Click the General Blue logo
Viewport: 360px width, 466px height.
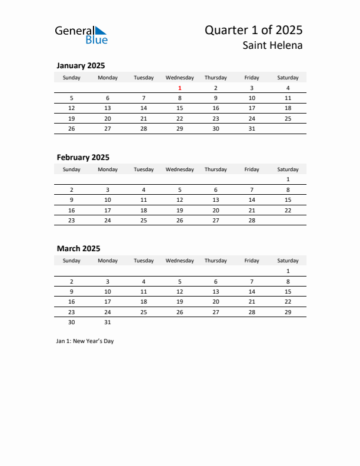click(x=81, y=35)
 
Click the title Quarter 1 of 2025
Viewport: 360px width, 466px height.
click(x=254, y=30)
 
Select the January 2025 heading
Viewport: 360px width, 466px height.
click(x=81, y=66)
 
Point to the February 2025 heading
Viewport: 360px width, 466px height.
click(x=83, y=157)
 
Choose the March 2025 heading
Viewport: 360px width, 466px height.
click(x=78, y=248)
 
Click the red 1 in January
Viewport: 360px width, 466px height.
click(x=180, y=88)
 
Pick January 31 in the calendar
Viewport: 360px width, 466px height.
click(x=252, y=128)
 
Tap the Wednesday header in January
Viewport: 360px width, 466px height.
click(x=180, y=78)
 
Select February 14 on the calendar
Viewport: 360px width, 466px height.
click(x=252, y=199)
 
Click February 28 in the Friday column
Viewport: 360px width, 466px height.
click(x=252, y=219)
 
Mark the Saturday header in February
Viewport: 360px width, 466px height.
click(x=288, y=169)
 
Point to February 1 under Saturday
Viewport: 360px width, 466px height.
click(x=288, y=179)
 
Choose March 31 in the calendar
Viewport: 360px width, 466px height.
click(x=108, y=322)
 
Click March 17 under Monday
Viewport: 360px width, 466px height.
click(x=108, y=301)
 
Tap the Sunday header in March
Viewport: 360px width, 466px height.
click(x=72, y=261)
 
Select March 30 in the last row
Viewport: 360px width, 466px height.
click(x=72, y=322)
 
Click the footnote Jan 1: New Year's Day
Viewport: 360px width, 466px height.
click(x=85, y=341)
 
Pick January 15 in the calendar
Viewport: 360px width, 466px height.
click(x=180, y=108)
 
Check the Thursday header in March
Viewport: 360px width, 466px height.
click(x=216, y=261)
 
